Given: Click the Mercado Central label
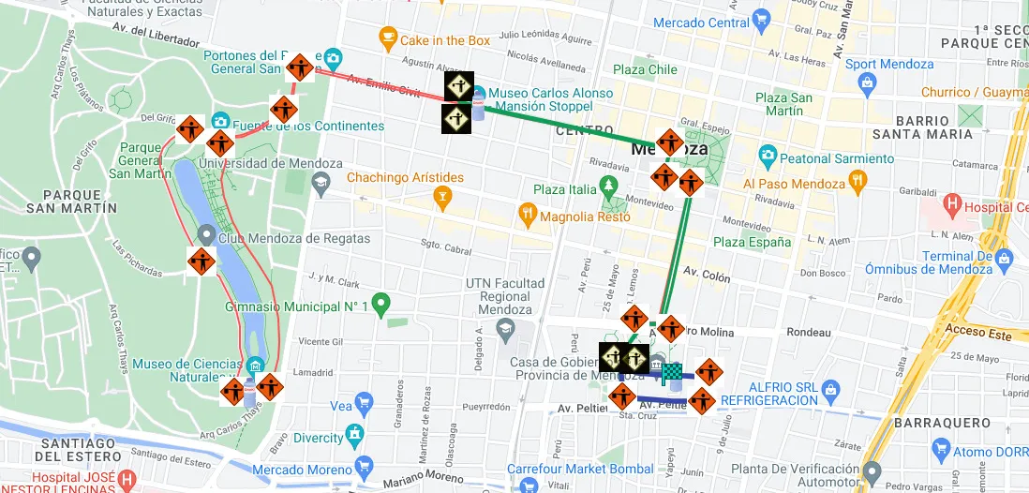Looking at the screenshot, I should [701, 22].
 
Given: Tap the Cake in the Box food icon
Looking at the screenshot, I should [387, 40].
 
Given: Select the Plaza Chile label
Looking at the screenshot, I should [645, 69].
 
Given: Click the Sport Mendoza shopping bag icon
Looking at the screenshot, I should [866, 84].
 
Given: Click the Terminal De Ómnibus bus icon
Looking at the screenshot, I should [1006, 256].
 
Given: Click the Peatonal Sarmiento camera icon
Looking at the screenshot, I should [768, 155].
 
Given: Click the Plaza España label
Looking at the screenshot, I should [752, 242].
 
